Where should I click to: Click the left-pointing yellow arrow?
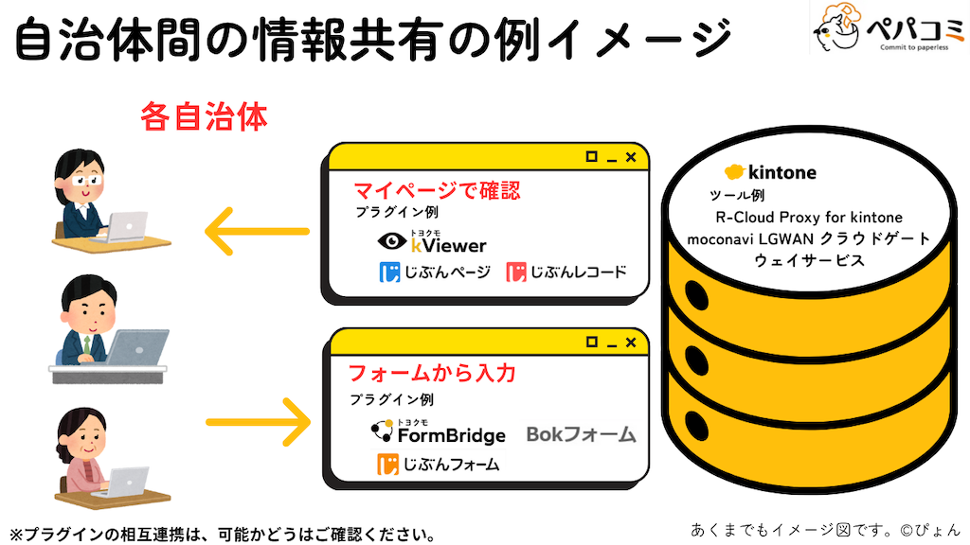[x=257, y=232]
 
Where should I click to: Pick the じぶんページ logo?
[x=435, y=272]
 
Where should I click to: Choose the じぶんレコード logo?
[x=566, y=272]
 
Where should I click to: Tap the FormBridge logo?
[x=438, y=432]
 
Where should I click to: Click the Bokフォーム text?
[x=581, y=434]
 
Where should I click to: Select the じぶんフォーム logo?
[x=438, y=464]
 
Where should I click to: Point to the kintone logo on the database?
[x=769, y=172]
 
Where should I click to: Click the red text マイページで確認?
[x=437, y=190]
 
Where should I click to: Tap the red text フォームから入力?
[x=432, y=373]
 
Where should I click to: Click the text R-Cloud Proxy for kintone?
[x=809, y=218]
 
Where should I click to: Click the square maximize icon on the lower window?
[x=591, y=341]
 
